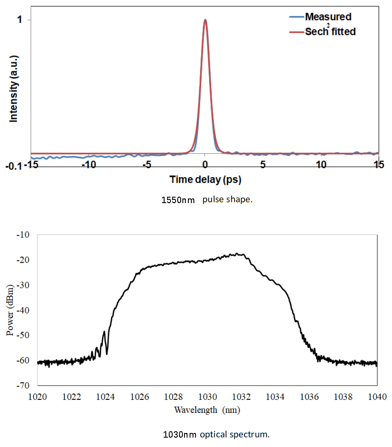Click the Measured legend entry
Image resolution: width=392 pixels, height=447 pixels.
point(328,17)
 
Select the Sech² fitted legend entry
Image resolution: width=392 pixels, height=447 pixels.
point(330,32)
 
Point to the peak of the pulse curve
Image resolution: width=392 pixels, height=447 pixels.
point(205,20)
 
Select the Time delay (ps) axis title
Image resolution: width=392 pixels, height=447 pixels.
point(205,180)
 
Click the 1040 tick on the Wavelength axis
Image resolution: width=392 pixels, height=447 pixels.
point(377,397)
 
